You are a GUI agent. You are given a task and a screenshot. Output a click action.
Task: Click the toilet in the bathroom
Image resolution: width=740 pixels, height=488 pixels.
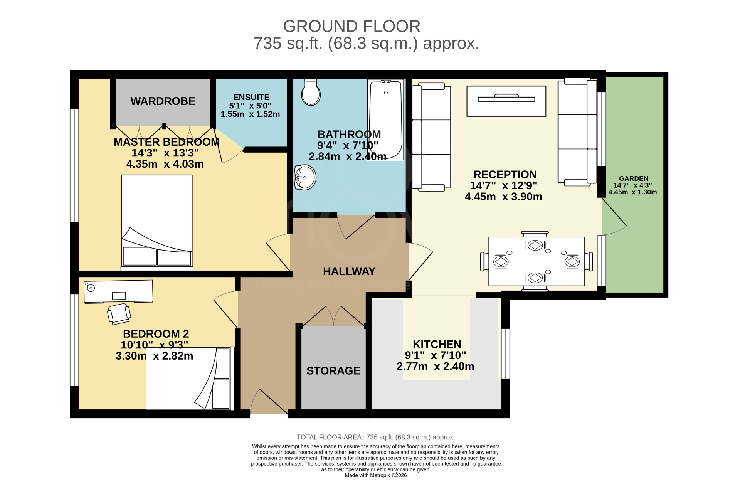pyautogui.click(x=311, y=93)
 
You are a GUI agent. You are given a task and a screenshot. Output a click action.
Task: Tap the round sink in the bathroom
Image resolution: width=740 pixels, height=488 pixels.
pyautogui.click(x=305, y=178)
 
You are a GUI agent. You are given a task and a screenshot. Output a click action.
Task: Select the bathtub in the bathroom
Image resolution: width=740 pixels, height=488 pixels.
pyautogui.click(x=385, y=119)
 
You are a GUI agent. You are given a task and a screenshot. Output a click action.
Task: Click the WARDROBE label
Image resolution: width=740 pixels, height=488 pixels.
pyautogui.click(x=163, y=101)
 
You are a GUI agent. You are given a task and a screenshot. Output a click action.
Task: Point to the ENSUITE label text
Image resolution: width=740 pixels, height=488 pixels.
pyautogui.click(x=251, y=97)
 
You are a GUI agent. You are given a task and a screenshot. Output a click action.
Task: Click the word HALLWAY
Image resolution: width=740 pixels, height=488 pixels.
pyautogui.click(x=349, y=271)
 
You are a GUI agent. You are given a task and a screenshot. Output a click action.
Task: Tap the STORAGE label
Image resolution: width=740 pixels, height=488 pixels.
pyautogui.click(x=333, y=370)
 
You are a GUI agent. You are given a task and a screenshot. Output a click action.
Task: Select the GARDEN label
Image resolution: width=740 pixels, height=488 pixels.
pyautogui.click(x=634, y=178)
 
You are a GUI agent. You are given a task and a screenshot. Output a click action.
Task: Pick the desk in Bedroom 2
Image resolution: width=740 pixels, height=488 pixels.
pyautogui.click(x=118, y=291)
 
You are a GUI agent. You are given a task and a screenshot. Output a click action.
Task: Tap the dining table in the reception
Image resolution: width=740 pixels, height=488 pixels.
pyautogui.click(x=536, y=261)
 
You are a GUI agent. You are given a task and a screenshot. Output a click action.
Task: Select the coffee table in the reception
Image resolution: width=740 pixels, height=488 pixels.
pyautogui.click(x=506, y=101)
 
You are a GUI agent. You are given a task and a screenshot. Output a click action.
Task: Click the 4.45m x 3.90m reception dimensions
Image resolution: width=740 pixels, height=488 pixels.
pyautogui.click(x=503, y=197)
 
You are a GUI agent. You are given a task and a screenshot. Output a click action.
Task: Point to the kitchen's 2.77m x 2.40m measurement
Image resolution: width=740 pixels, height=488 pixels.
pyautogui.click(x=435, y=366)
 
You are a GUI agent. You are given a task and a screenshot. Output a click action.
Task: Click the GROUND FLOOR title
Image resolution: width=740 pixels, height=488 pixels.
pyautogui.click(x=351, y=26)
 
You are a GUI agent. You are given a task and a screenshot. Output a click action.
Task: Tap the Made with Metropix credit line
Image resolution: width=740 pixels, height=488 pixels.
pyautogui.click(x=375, y=475)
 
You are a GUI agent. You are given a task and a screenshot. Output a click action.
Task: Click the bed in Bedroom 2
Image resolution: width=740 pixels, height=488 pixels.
pyautogui.click(x=189, y=379)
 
